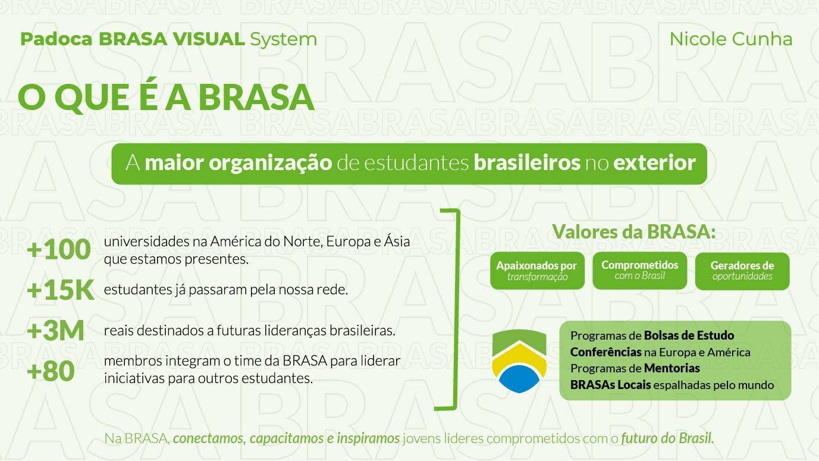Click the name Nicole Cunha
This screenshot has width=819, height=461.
pos(730,39)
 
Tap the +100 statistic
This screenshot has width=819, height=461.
pos(58,249)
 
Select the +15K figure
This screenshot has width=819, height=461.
pos(60,290)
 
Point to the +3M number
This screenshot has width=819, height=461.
pos(55,330)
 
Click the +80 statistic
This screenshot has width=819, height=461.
pos(51,371)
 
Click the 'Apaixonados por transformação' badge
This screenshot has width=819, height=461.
pos(537,271)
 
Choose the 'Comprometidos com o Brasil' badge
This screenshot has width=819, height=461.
pos(639,271)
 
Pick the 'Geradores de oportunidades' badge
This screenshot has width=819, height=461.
pos(742,271)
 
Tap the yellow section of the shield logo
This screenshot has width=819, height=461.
pos(519,356)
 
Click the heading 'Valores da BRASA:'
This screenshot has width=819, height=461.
pos(633,231)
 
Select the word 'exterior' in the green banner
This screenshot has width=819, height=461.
pos(654,162)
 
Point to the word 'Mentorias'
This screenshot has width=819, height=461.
pos(672,368)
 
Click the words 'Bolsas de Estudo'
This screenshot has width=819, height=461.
pos(689,335)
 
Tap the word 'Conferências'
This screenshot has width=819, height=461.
pos(606,352)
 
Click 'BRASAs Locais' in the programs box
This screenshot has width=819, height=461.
pos(611,385)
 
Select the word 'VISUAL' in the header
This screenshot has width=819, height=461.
pos(209,39)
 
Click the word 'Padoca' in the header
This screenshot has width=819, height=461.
pos(57,39)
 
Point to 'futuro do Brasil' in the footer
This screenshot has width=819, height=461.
pos(668,438)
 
